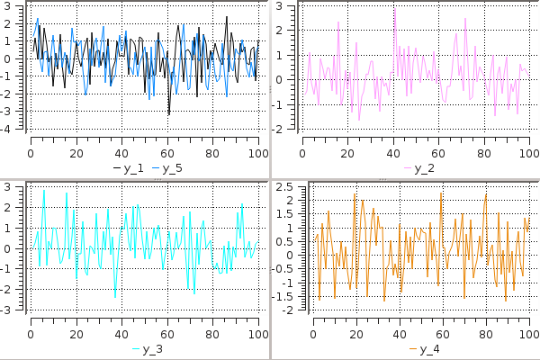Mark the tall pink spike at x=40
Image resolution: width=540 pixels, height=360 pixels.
[x=394, y=7]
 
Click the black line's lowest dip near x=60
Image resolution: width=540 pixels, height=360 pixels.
[x=168, y=114]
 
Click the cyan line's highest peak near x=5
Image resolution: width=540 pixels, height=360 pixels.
[x=43, y=191]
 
